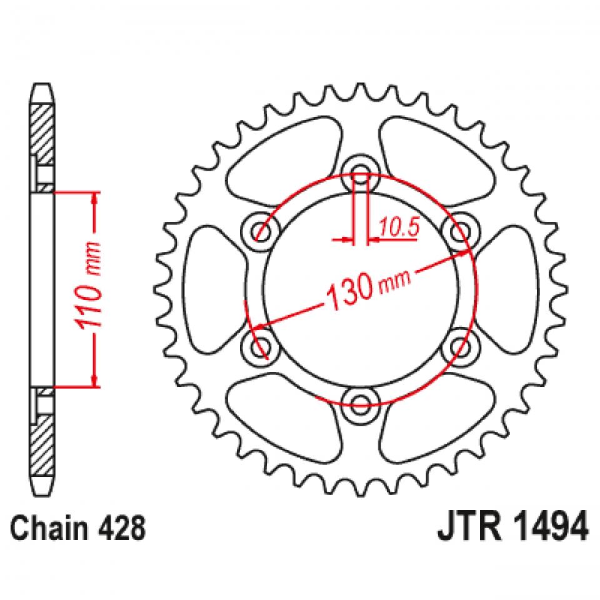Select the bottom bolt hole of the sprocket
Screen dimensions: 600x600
coord(360,403)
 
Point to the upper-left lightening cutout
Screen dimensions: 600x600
coord(284,156)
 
